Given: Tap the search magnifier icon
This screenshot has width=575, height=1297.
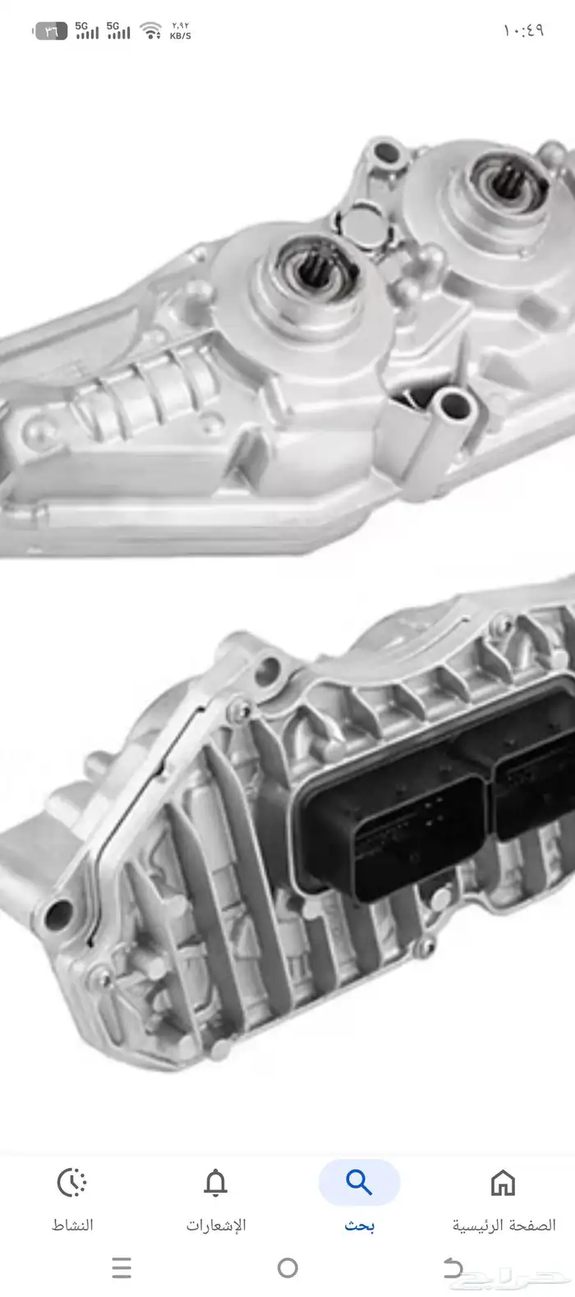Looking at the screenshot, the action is [x=359, y=1182].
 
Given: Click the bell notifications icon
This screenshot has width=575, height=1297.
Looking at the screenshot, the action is [x=215, y=1182].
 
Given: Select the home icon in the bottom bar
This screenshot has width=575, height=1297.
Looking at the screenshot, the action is [x=503, y=1182].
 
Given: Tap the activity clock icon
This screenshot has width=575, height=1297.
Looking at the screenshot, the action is [x=71, y=1182].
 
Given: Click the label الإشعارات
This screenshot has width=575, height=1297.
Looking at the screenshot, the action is [x=216, y=1226].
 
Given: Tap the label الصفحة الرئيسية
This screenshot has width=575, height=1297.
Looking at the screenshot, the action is [x=504, y=1226].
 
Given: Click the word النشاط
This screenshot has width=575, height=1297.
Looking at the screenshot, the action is [x=72, y=1226].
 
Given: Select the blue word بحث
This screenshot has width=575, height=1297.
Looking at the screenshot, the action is [x=360, y=1226].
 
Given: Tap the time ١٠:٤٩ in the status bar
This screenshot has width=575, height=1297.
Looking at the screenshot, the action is [x=523, y=30].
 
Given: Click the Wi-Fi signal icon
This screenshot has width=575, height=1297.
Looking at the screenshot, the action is [x=151, y=30].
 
